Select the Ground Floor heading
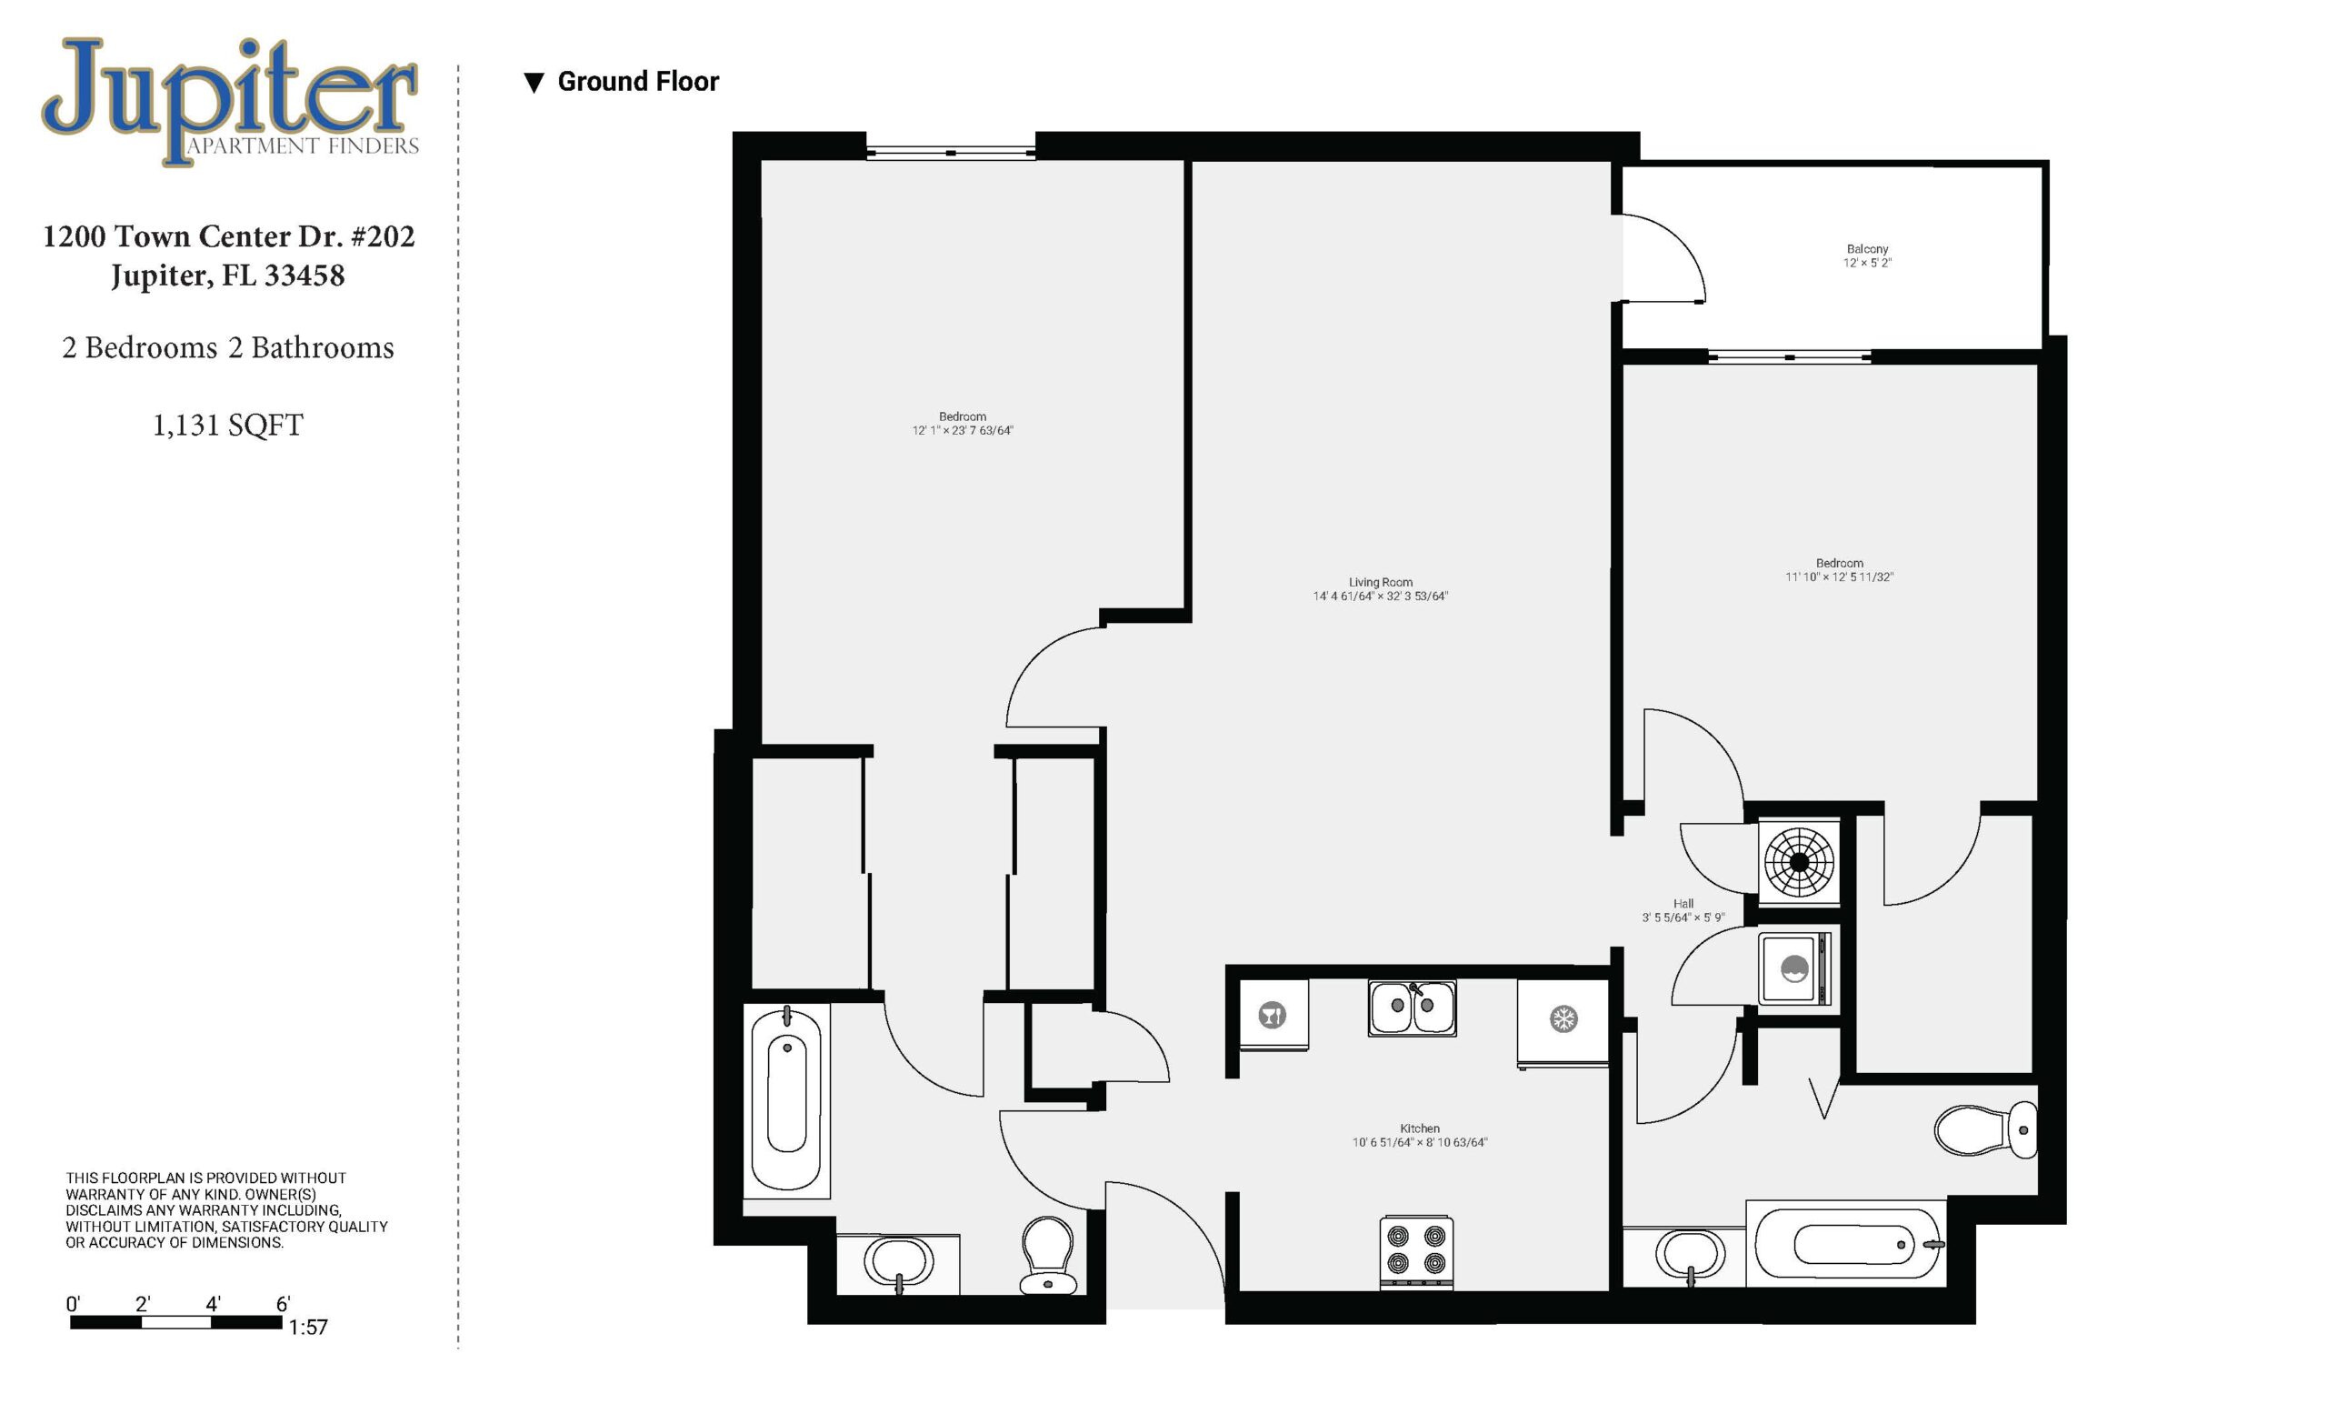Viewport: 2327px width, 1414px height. [637, 82]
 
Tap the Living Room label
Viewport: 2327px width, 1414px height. [1381, 583]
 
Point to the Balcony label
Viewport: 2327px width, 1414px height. [1867, 249]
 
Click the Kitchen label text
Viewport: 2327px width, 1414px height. [1420, 1128]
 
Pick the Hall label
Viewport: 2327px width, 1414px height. [1683, 904]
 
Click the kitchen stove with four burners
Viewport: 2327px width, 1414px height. [1415, 1251]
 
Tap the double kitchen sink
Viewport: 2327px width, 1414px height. [1412, 1008]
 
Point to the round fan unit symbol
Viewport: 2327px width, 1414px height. [1799, 861]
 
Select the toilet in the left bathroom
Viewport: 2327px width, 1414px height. [1048, 1254]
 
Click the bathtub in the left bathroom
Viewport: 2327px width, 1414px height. [786, 1101]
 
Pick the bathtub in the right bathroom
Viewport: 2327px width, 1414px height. [1846, 1244]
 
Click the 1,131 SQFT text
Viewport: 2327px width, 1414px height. [227, 426]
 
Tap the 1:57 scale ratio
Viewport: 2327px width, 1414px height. [308, 1327]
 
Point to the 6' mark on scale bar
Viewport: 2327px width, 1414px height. [283, 1305]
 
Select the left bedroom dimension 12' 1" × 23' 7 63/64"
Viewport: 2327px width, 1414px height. [963, 431]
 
